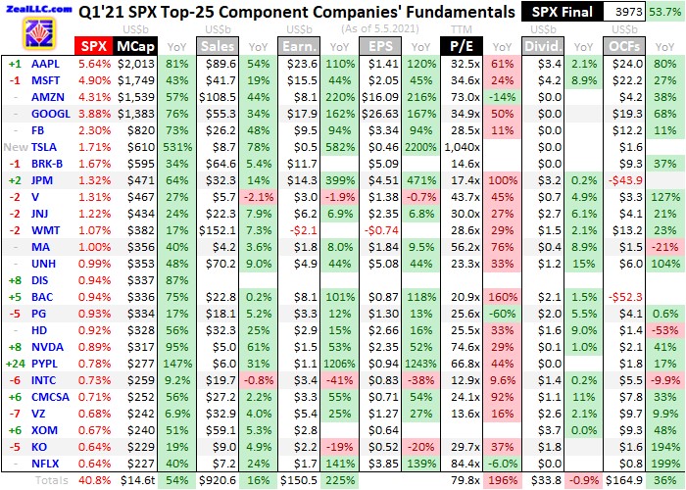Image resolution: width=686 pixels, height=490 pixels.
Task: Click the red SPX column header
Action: pos(93,46)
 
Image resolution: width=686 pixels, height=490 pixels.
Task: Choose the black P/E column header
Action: pos(457,46)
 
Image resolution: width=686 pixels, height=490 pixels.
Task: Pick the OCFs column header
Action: pos(625,46)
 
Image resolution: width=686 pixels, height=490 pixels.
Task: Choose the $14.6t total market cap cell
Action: pos(136,480)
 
